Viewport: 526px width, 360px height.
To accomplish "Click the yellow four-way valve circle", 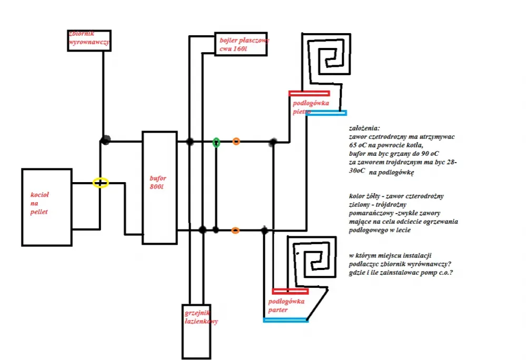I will click(x=101, y=183).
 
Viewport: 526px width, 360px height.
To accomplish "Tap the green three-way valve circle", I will click(x=216, y=142).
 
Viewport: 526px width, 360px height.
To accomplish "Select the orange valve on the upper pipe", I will click(x=236, y=141).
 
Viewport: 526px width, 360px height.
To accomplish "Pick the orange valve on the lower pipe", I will click(x=235, y=230).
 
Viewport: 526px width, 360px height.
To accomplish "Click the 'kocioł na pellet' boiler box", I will click(x=46, y=207).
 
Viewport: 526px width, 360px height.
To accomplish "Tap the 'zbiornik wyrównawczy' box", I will click(x=89, y=41).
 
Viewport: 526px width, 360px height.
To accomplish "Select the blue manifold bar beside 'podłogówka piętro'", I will click(x=326, y=113).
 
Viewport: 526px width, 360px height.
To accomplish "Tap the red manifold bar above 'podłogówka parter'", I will click(x=290, y=291).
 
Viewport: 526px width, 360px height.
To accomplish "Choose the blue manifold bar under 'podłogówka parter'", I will click(x=285, y=319).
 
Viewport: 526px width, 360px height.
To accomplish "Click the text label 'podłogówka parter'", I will click(x=286, y=305).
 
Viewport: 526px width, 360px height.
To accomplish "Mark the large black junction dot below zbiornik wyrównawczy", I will click(x=105, y=140).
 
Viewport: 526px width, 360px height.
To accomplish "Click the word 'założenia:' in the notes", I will click(x=363, y=128).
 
